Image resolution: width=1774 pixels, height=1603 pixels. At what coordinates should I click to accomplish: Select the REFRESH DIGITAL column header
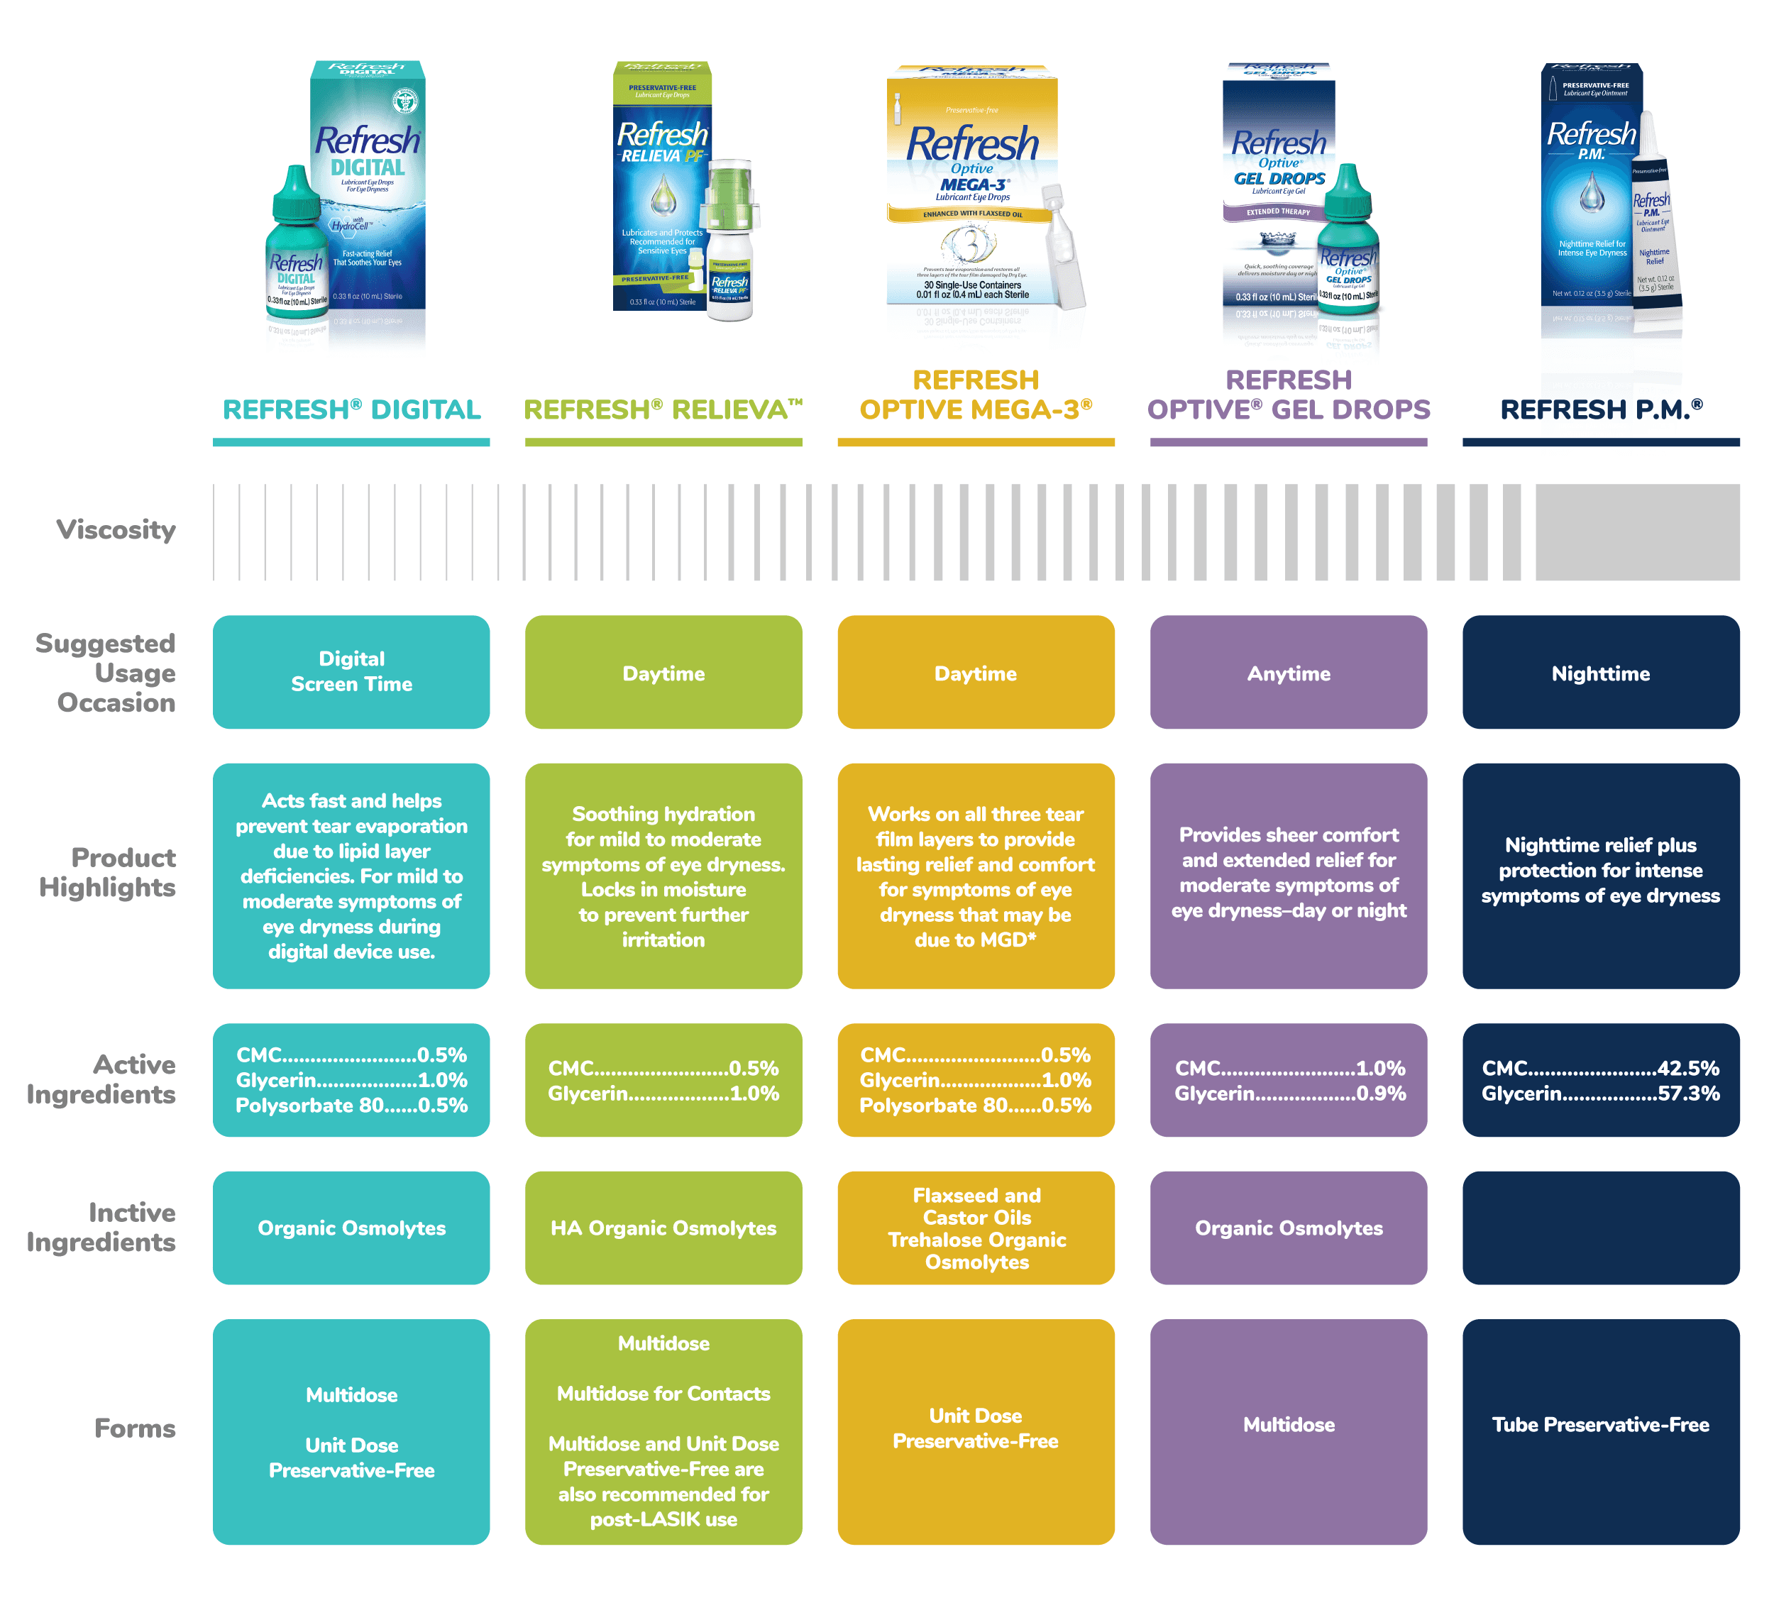[x=351, y=409]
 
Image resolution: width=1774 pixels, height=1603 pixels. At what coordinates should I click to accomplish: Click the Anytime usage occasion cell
[x=1287, y=673]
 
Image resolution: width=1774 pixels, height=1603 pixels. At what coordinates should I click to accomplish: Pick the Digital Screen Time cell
[x=351, y=671]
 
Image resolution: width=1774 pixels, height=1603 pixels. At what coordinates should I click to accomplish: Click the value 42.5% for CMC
[x=1687, y=1068]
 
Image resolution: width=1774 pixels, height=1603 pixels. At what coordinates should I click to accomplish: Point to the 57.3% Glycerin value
[x=1687, y=1094]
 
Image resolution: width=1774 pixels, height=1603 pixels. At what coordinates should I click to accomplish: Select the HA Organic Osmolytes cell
[x=663, y=1228]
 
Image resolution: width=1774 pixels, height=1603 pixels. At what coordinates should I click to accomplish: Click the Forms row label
[x=135, y=1428]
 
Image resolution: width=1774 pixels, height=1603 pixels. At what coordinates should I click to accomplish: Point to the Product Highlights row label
[x=107, y=872]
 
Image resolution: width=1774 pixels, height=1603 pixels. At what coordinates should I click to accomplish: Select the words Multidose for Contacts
[x=663, y=1394]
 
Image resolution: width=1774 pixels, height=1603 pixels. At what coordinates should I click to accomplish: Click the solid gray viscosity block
[x=1637, y=531]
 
